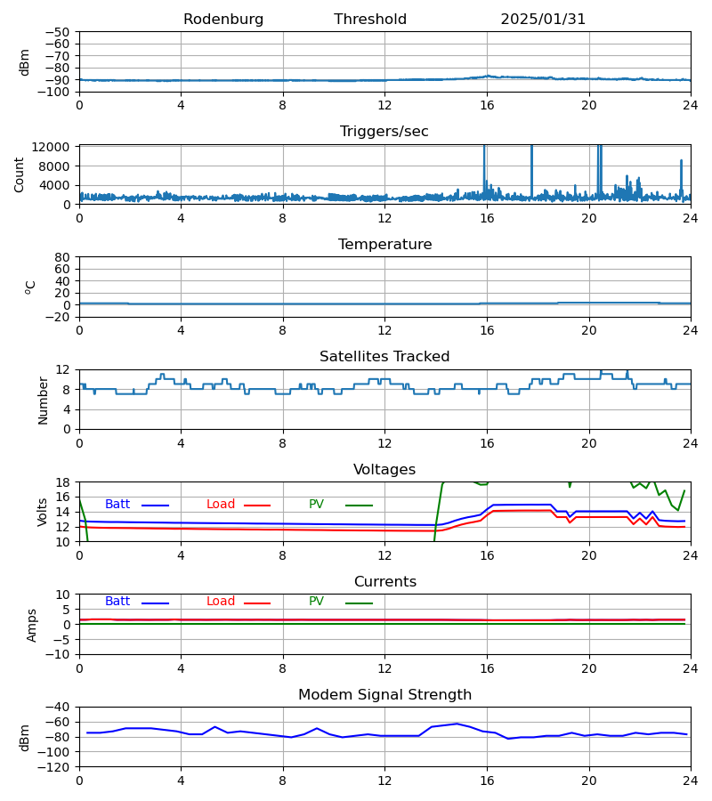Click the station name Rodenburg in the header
[223, 20]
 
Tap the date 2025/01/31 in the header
[543, 20]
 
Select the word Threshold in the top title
[370, 20]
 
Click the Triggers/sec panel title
[384, 132]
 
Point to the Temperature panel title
[384, 245]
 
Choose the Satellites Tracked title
[384, 357]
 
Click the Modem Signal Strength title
[384, 695]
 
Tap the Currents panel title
[384, 582]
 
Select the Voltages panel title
[384, 470]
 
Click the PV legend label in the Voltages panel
[316, 505]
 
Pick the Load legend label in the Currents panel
[221, 602]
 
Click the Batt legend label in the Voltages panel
[117, 505]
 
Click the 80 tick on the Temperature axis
[63, 257]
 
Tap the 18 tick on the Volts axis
[63, 482]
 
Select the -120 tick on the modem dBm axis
[54, 766]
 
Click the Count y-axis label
[20, 174]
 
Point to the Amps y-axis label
[33, 625]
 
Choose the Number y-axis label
[44, 400]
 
